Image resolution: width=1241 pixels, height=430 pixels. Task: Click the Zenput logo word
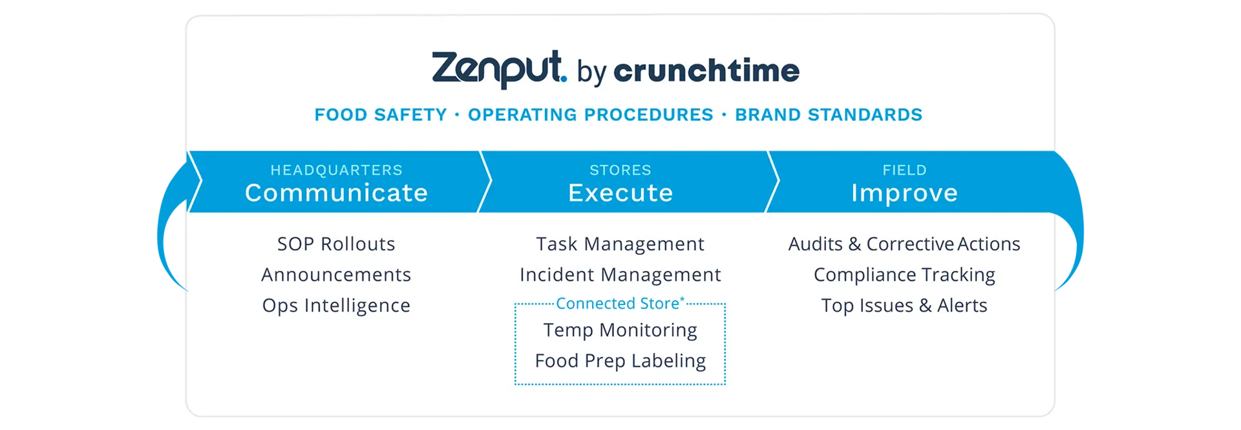(498, 69)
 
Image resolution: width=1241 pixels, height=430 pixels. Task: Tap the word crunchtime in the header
(706, 70)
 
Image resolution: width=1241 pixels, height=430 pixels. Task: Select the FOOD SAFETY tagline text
(381, 115)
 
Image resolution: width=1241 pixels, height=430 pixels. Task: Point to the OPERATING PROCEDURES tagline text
(591, 115)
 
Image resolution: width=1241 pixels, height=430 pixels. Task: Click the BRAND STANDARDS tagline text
(829, 115)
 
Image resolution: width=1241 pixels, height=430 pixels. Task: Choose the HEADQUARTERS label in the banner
(336, 170)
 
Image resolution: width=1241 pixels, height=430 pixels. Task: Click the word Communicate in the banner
(336, 193)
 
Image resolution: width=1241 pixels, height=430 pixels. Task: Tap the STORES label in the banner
(620, 170)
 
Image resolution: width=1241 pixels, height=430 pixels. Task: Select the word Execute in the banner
(620, 193)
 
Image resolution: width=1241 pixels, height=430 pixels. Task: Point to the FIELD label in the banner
(904, 170)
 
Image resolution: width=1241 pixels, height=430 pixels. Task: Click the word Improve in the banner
(904, 193)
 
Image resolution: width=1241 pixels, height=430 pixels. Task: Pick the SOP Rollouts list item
(336, 244)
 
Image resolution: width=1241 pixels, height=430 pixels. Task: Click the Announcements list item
(336, 275)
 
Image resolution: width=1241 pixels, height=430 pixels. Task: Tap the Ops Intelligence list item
(336, 305)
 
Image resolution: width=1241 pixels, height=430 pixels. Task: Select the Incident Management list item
(620, 275)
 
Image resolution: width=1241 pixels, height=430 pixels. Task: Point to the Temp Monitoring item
(620, 330)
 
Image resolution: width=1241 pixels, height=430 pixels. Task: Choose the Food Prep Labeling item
(620, 361)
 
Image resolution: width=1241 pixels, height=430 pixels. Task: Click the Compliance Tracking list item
(904, 275)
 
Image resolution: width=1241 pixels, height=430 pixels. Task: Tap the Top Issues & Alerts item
(904, 305)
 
